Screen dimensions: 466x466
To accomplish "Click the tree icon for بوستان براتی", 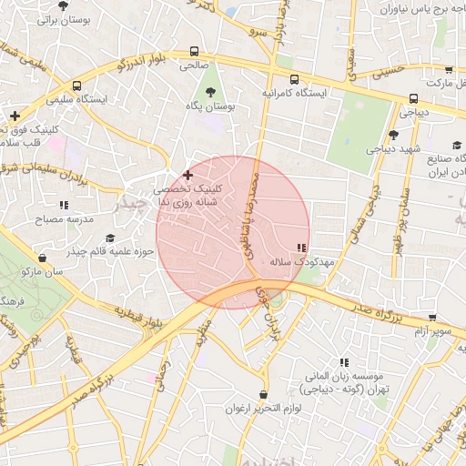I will pyautogui.click(x=63, y=5).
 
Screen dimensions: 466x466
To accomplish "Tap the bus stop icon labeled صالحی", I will pyautogui.click(x=193, y=52).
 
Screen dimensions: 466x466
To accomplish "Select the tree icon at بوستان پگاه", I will pyautogui.click(x=211, y=92).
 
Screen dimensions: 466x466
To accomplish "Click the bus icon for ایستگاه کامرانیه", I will pyautogui.click(x=290, y=78).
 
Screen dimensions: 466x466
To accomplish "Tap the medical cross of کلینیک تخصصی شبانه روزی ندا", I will pyautogui.click(x=187, y=174).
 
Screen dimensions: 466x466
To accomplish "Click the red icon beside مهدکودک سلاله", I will pyautogui.click(x=301, y=248).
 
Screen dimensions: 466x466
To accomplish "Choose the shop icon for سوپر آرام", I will pyautogui.click(x=431, y=319).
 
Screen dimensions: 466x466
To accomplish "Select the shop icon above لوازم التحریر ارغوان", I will pyautogui.click(x=264, y=394).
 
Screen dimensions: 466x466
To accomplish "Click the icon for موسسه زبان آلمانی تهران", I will pyautogui.click(x=344, y=361).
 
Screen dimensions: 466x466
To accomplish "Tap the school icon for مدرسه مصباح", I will pyautogui.click(x=63, y=206).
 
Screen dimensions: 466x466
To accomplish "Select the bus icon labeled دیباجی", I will pyautogui.click(x=414, y=99).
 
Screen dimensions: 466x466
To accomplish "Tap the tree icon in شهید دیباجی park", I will pyautogui.click(x=392, y=135).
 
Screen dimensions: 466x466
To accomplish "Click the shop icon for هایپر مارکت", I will pyautogui.click(x=448, y=69).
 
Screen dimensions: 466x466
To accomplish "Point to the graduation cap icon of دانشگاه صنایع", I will pyautogui.click(x=457, y=145).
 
